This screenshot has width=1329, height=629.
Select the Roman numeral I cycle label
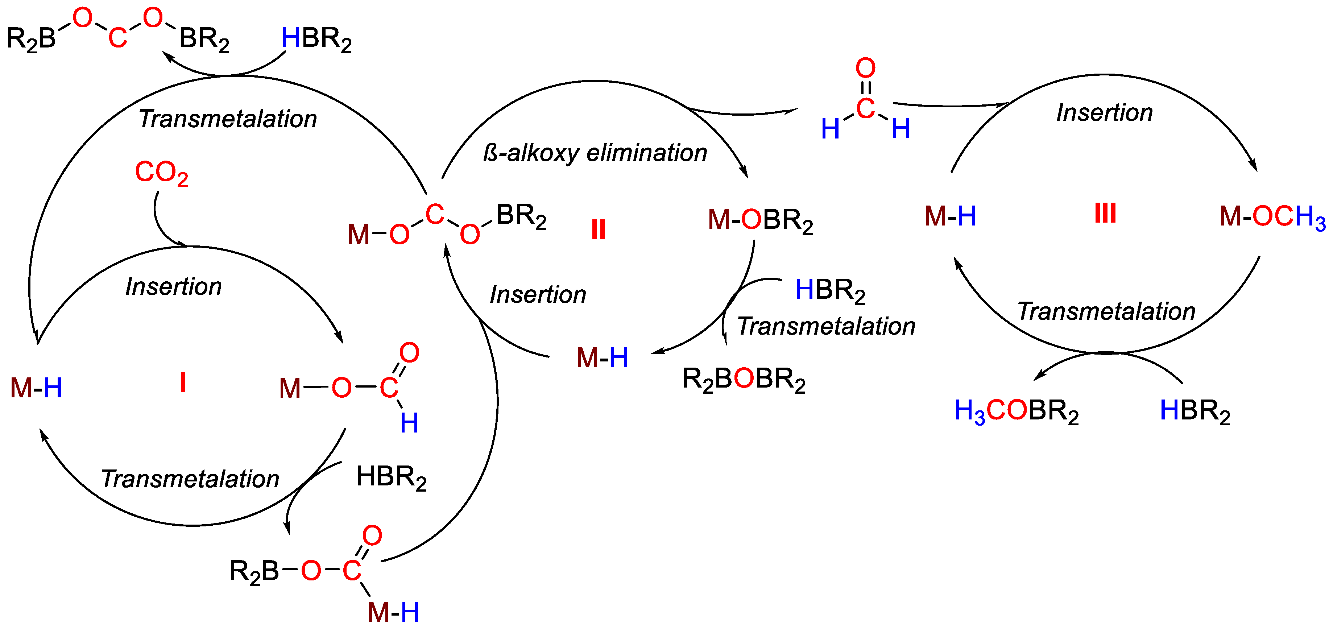pyautogui.click(x=183, y=383)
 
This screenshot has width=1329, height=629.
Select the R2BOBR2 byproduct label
pyautogui.click(x=744, y=379)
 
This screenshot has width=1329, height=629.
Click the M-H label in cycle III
pyautogui.click(x=950, y=216)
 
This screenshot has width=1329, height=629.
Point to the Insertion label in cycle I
pyautogui.click(x=173, y=287)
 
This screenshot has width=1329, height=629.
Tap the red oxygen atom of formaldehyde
pyautogui.click(x=865, y=69)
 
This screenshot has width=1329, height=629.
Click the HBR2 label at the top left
pyautogui.click(x=316, y=39)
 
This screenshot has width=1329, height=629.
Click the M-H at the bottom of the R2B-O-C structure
pyautogui.click(x=393, y=612)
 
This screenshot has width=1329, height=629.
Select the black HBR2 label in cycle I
pyautogui.click(x=391, y=477)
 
